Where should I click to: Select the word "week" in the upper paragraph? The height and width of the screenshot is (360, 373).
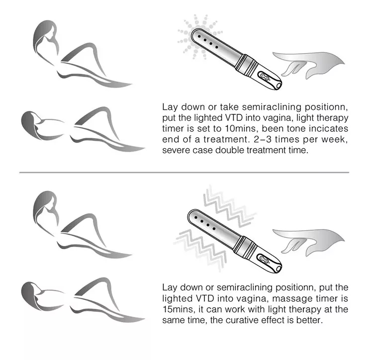(x=334, y=140)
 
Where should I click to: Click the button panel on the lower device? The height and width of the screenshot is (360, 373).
(x=264, y=260)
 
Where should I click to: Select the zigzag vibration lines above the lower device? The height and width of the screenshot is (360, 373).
(x=229, y=206)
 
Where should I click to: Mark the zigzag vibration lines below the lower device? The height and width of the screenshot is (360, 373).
(x=200, y=250)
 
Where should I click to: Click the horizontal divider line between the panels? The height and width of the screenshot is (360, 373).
(x=184, y=172)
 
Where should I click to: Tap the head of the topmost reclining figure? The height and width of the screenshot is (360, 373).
(x=45, y=36)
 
